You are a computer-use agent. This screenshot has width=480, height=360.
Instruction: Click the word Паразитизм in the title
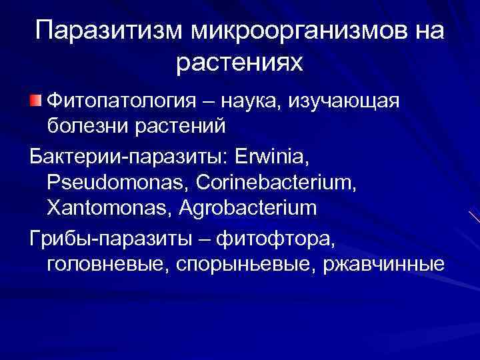tap(111, 31)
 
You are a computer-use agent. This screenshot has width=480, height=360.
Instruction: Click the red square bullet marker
tap(35, 99)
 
